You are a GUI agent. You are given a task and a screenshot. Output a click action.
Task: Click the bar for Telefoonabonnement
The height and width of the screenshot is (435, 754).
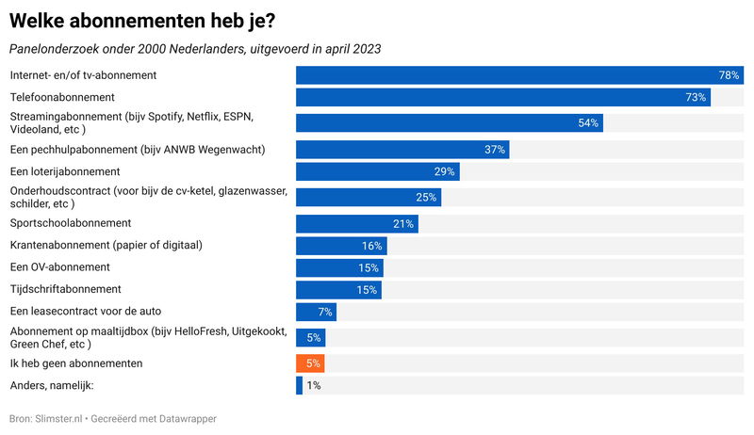pos(502,98)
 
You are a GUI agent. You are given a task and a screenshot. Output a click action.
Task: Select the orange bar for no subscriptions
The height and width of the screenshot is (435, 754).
pos(310,363)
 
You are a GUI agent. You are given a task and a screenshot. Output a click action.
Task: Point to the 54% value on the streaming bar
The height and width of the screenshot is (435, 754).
pos(588,123)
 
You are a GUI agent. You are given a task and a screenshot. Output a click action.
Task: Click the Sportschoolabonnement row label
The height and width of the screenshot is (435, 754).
pos(71,223)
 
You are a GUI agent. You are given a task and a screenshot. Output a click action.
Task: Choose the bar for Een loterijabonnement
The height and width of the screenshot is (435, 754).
pos(378,171)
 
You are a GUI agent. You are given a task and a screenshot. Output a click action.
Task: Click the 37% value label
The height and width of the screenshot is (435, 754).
pos(495,150)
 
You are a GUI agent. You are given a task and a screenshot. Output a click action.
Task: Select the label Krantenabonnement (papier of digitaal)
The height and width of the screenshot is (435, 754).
pos(107,246)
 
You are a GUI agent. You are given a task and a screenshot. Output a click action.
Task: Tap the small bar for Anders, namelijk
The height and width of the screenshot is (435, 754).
pos(299,385)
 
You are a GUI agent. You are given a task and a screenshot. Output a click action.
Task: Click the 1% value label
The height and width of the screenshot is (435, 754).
pos(314,385)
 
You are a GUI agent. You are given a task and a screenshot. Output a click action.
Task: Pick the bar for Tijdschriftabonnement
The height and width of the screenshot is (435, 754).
pos(338,290)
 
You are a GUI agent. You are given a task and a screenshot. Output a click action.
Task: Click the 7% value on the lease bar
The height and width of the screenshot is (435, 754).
pos(326,312)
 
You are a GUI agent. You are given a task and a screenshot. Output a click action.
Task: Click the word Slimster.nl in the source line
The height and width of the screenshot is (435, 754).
pos(59,417)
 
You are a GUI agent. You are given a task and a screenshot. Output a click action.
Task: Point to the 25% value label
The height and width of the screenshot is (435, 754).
pos(426,198)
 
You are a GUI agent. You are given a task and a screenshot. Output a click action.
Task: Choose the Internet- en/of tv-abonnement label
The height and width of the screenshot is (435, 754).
pos(83,75)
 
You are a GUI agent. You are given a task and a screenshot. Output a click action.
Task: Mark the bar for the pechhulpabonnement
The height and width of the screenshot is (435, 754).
pos(402,150)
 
